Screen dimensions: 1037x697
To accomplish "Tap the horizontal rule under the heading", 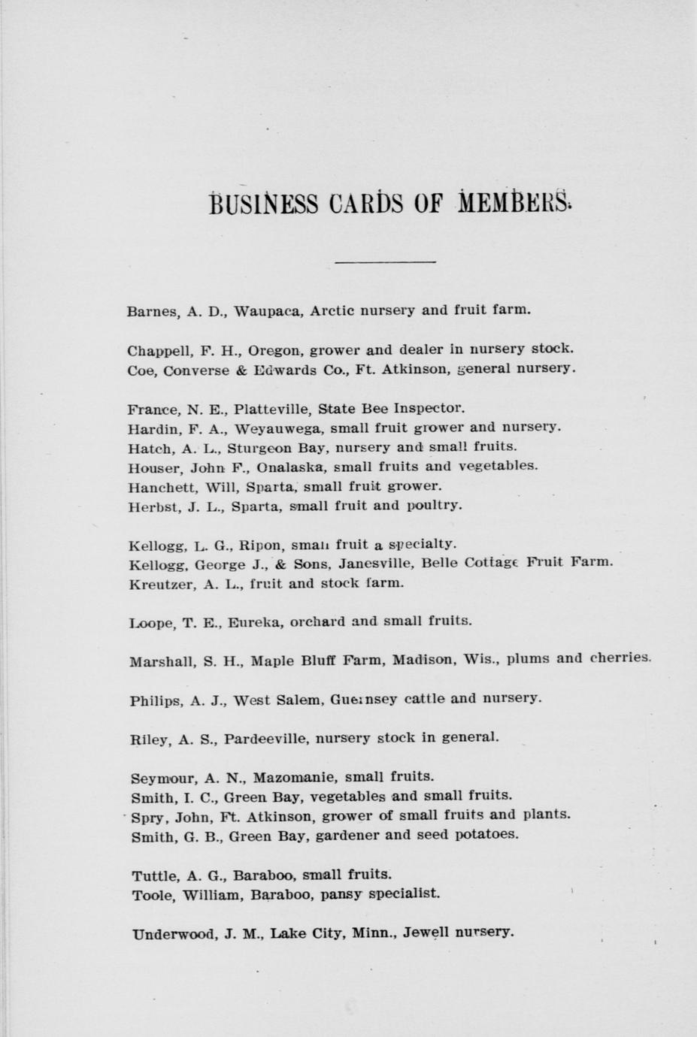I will pos(385,262).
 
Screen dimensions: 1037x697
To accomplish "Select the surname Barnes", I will pos(152,311).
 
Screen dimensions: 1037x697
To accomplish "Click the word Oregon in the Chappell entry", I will pos(275,350).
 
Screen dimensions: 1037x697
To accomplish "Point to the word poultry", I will pos(434,506).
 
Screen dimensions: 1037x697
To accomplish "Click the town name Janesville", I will pos(378,563).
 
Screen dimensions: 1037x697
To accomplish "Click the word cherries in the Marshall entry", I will pos(620,659).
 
